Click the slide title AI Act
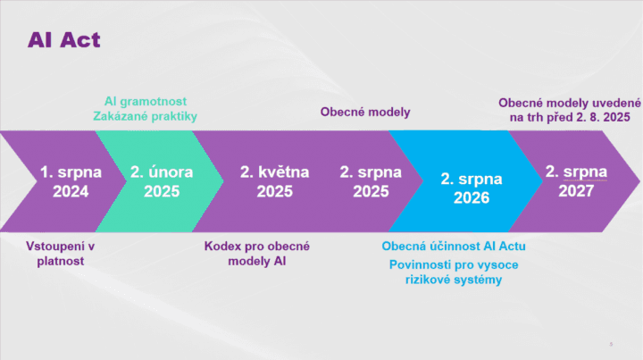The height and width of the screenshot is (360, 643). click(x=64, y=40)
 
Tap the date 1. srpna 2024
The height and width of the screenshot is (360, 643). click(x=71, y=181)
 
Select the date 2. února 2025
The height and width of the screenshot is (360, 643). click(x=162, y=181)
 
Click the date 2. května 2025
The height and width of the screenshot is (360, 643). click(x=275, y=181)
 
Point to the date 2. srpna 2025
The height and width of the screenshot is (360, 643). click(x=371, y=181)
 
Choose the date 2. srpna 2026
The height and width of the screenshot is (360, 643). click(x=472, y=188)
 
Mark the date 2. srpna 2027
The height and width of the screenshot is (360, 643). click(x=576, y=180)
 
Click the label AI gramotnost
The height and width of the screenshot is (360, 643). click(x=146, y=101)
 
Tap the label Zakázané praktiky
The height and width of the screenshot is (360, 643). click(x=146, y=116)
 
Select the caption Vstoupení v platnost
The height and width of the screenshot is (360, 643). click(x=61, y=254)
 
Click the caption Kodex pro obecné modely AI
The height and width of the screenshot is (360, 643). click(x=257, y=254)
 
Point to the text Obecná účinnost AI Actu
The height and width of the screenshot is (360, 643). click(x=454, y=246)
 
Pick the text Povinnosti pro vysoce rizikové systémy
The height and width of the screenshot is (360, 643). click(x=454, y=272)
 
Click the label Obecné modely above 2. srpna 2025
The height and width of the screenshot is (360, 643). click(x=365, y=112)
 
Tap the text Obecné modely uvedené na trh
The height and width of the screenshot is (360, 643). click(x=570, y=110)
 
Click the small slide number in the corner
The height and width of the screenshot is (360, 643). click(x=611, y=344)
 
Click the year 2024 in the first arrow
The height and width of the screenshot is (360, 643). click(x=71, y=191)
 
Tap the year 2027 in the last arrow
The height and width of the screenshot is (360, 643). click(x=576, y=191)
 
